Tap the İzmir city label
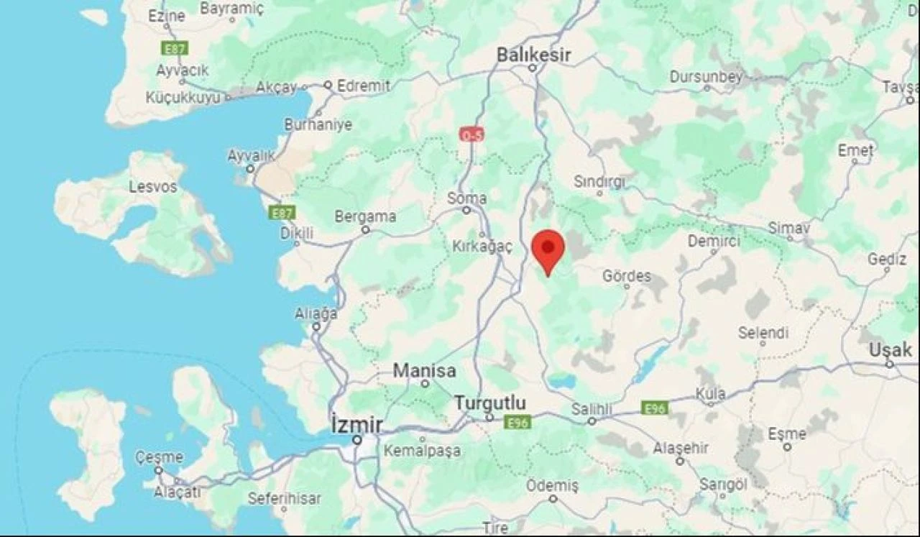pos(356,425)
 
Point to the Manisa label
pos(424,371)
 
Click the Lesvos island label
pos(152,187)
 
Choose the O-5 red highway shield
pos(472,134)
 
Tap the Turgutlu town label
pos(490,403)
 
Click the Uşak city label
pos(890,350)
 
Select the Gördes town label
pos(627,276)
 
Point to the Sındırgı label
pos(599,182)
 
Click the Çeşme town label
pos(159,457)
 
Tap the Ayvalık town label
pos(251,155)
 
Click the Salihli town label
pos(592,409)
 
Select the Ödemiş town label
pos(552,486)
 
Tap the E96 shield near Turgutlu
pos(517,422)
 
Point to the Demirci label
pos(714,242)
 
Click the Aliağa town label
pos(316,314)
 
